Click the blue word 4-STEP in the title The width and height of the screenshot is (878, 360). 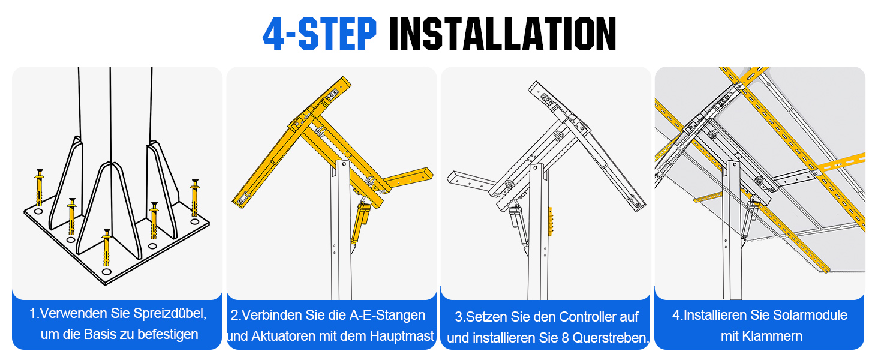click(x=320, y=34)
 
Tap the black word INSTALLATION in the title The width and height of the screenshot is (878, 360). click(x=503, y=34)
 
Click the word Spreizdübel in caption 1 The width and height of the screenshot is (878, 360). click(x=169, y=314)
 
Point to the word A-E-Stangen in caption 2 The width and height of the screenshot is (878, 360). click(x=387, y=315)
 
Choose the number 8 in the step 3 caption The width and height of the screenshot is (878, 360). click(x=564, y=338)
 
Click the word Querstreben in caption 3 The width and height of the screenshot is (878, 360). click(x=609, y=338)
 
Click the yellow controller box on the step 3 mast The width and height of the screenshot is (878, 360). click(x=550, y=221)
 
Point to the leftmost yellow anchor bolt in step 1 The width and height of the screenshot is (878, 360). click(x=39, y=188)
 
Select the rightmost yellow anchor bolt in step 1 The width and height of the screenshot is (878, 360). click(x=195, y=198)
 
